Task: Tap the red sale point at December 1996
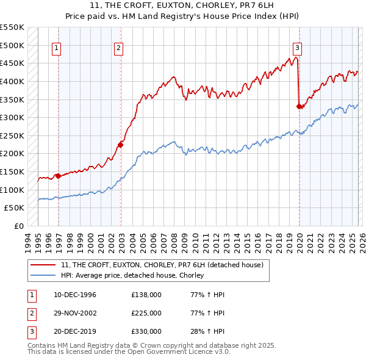[58, 176]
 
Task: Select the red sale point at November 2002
[120, 145]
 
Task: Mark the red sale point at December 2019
[299, 107]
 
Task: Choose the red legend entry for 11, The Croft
[162, 265]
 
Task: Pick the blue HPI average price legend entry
[132, 276]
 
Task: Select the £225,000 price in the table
[146, 313]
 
